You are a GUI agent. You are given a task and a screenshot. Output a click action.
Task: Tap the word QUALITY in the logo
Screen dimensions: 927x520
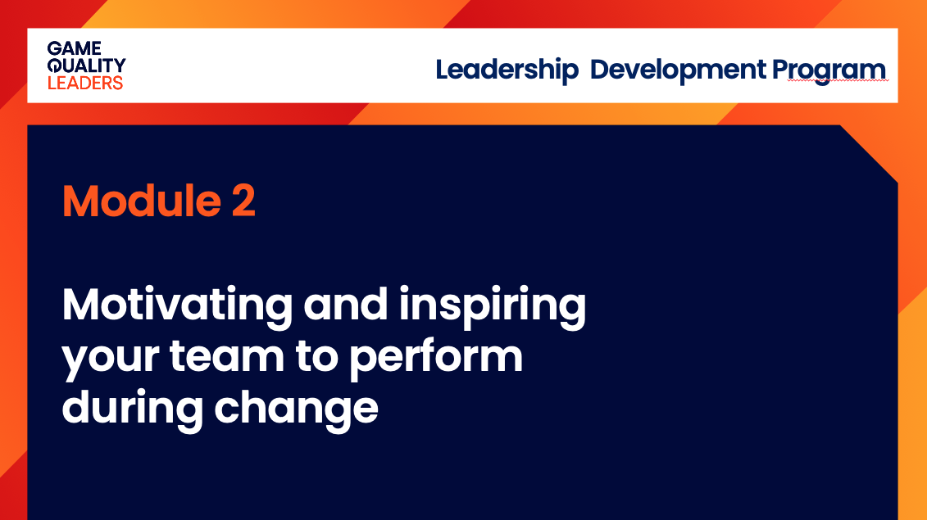86,66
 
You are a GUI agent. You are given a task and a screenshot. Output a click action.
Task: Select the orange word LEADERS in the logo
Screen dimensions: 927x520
85,83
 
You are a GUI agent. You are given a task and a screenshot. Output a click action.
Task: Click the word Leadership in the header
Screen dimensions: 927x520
507,70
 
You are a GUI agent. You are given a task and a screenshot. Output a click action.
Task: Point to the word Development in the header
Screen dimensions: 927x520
678,70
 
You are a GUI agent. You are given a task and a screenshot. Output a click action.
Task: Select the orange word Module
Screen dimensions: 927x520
142,201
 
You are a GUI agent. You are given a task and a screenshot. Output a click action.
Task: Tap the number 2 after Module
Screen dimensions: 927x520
243,201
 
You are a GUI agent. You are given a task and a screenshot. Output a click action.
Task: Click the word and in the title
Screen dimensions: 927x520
346,305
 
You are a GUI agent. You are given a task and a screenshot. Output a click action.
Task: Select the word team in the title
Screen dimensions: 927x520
227,355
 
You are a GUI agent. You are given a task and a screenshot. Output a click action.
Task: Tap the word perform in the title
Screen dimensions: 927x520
436,358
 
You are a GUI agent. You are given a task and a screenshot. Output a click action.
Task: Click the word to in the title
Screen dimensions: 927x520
317,356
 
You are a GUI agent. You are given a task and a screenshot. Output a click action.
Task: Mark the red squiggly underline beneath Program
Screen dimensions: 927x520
838,80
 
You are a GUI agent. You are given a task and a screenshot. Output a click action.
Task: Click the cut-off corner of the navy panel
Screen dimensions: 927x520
869,154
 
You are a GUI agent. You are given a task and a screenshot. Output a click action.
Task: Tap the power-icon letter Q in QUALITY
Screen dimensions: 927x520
55,66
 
